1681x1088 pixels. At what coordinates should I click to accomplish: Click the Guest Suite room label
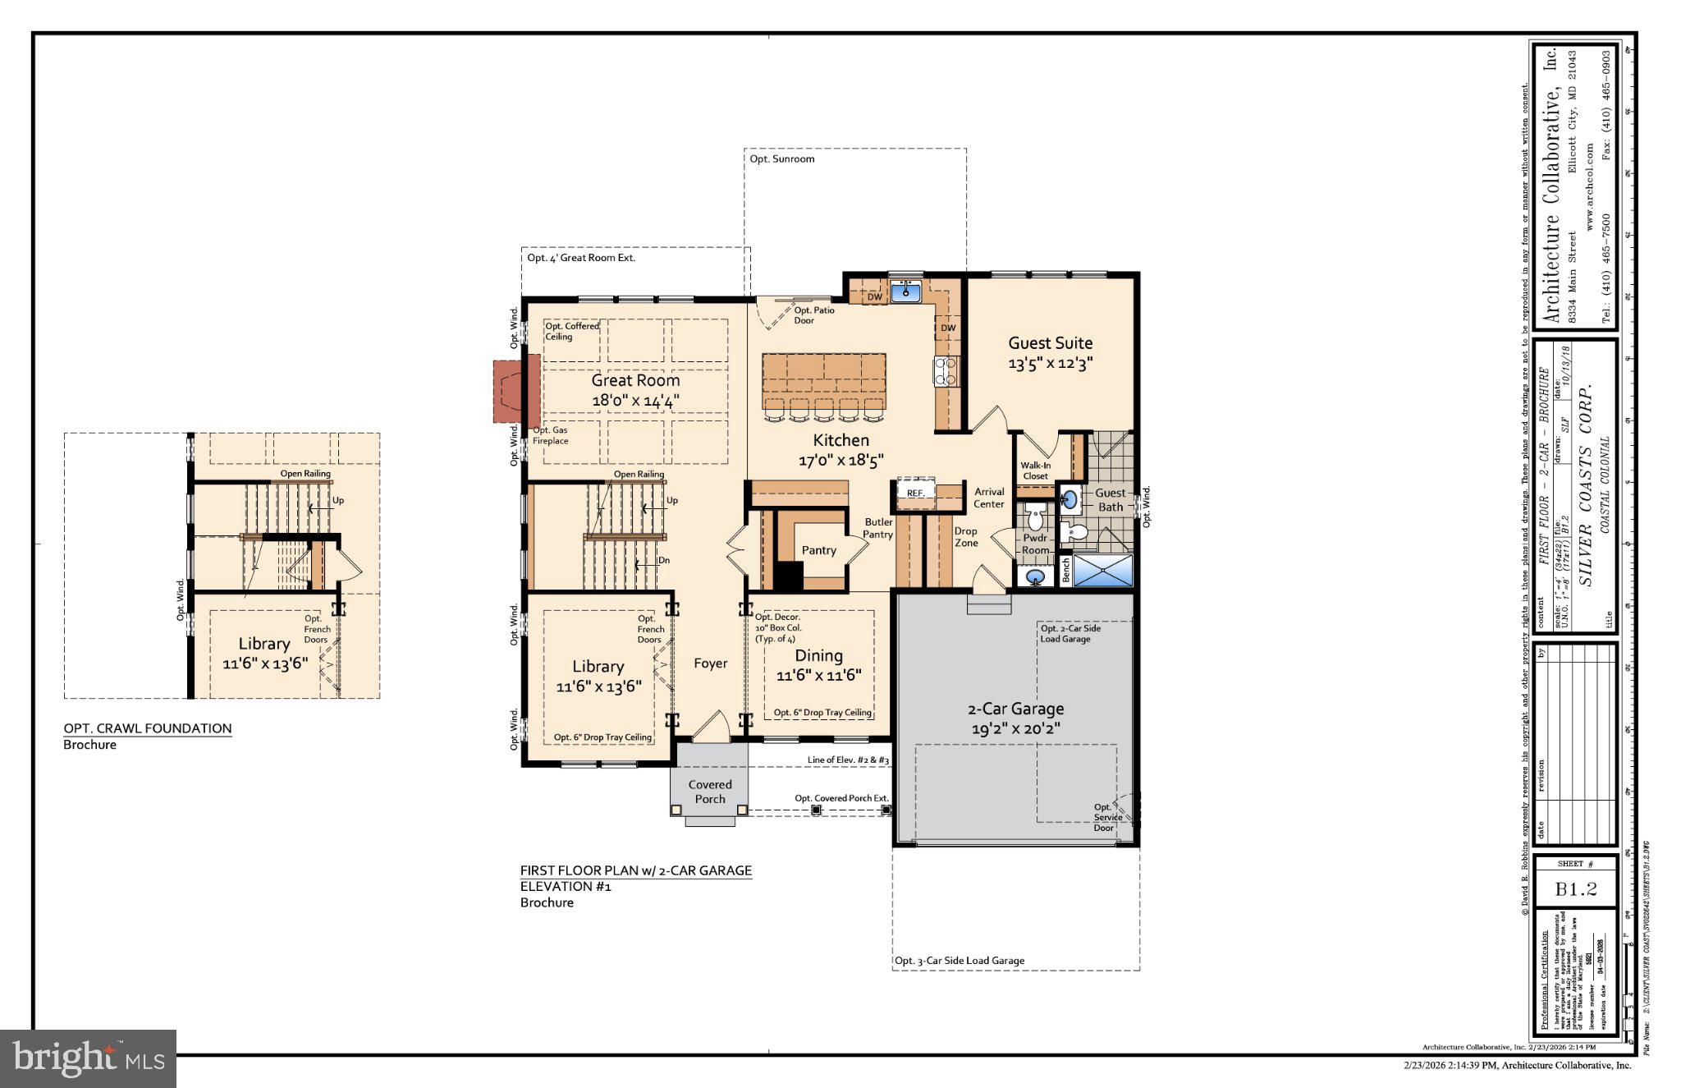(1050, 343)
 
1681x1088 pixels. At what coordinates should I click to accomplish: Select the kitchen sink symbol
(906, 291)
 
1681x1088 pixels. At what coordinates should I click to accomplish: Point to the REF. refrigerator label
(915, 493)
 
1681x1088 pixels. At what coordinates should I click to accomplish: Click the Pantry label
(818, 550)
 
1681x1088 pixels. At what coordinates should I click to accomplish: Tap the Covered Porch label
(710, 792)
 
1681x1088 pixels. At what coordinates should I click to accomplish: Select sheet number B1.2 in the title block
(1575, 889)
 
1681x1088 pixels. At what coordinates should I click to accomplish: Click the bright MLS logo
(88, 1058)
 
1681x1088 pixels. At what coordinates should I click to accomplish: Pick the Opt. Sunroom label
(781, 159)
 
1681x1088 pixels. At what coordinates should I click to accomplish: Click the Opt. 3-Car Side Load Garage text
(959, 961)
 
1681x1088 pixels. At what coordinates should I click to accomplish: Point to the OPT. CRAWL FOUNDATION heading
(148, 728)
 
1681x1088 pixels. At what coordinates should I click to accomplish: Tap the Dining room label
(818, 656)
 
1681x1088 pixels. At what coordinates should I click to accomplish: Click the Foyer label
(710, 663)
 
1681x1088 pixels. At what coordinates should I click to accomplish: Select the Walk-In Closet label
(1035, 471)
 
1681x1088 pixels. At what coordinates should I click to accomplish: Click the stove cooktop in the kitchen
(946, 371)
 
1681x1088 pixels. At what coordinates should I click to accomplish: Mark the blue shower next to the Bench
(1102, 571)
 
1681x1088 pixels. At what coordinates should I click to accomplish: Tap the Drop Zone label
(966, 537)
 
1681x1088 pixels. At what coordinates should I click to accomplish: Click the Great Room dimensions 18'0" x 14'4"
(635, 401)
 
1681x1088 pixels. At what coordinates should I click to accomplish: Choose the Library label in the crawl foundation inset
(264, 644)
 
